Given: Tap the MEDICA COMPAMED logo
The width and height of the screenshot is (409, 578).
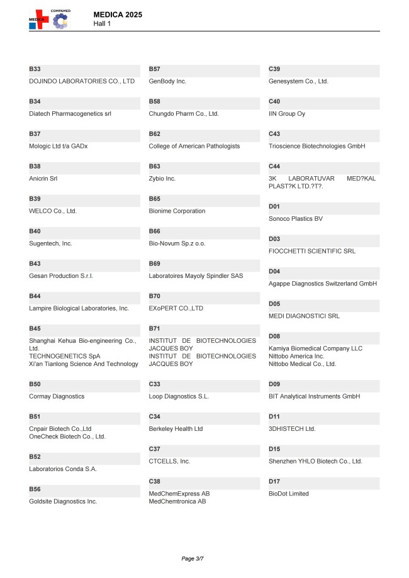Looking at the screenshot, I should pos(50,19).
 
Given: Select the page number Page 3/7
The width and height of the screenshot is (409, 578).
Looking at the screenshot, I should pos(193,558).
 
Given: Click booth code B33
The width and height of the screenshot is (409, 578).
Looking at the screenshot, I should pos(35,69).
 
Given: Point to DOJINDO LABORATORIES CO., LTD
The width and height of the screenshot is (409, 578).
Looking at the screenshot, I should pos(82,81).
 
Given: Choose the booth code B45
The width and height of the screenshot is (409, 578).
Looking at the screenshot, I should pos(35,328).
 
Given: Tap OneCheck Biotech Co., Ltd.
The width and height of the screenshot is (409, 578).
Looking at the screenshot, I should pos(67,436).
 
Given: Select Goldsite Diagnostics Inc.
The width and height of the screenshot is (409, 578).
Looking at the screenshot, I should pos(63,501).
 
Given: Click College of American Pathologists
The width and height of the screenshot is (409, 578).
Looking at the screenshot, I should pos(194,146).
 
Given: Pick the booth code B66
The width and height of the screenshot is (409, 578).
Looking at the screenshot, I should pos(154,231).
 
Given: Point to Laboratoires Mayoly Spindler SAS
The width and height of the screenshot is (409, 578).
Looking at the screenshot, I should pos(196,276).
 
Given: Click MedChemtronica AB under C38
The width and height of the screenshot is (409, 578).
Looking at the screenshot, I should pos(177,501).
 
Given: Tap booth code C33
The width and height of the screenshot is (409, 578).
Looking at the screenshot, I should pos(154,384).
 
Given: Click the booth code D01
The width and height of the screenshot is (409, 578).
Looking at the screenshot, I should pos(274,206).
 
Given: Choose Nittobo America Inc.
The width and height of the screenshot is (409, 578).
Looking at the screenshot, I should pos(296,356).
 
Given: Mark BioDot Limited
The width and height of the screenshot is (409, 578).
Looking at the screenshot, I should pos(289,494).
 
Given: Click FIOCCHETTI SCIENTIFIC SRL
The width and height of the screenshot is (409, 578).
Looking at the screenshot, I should pos(312,251).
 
